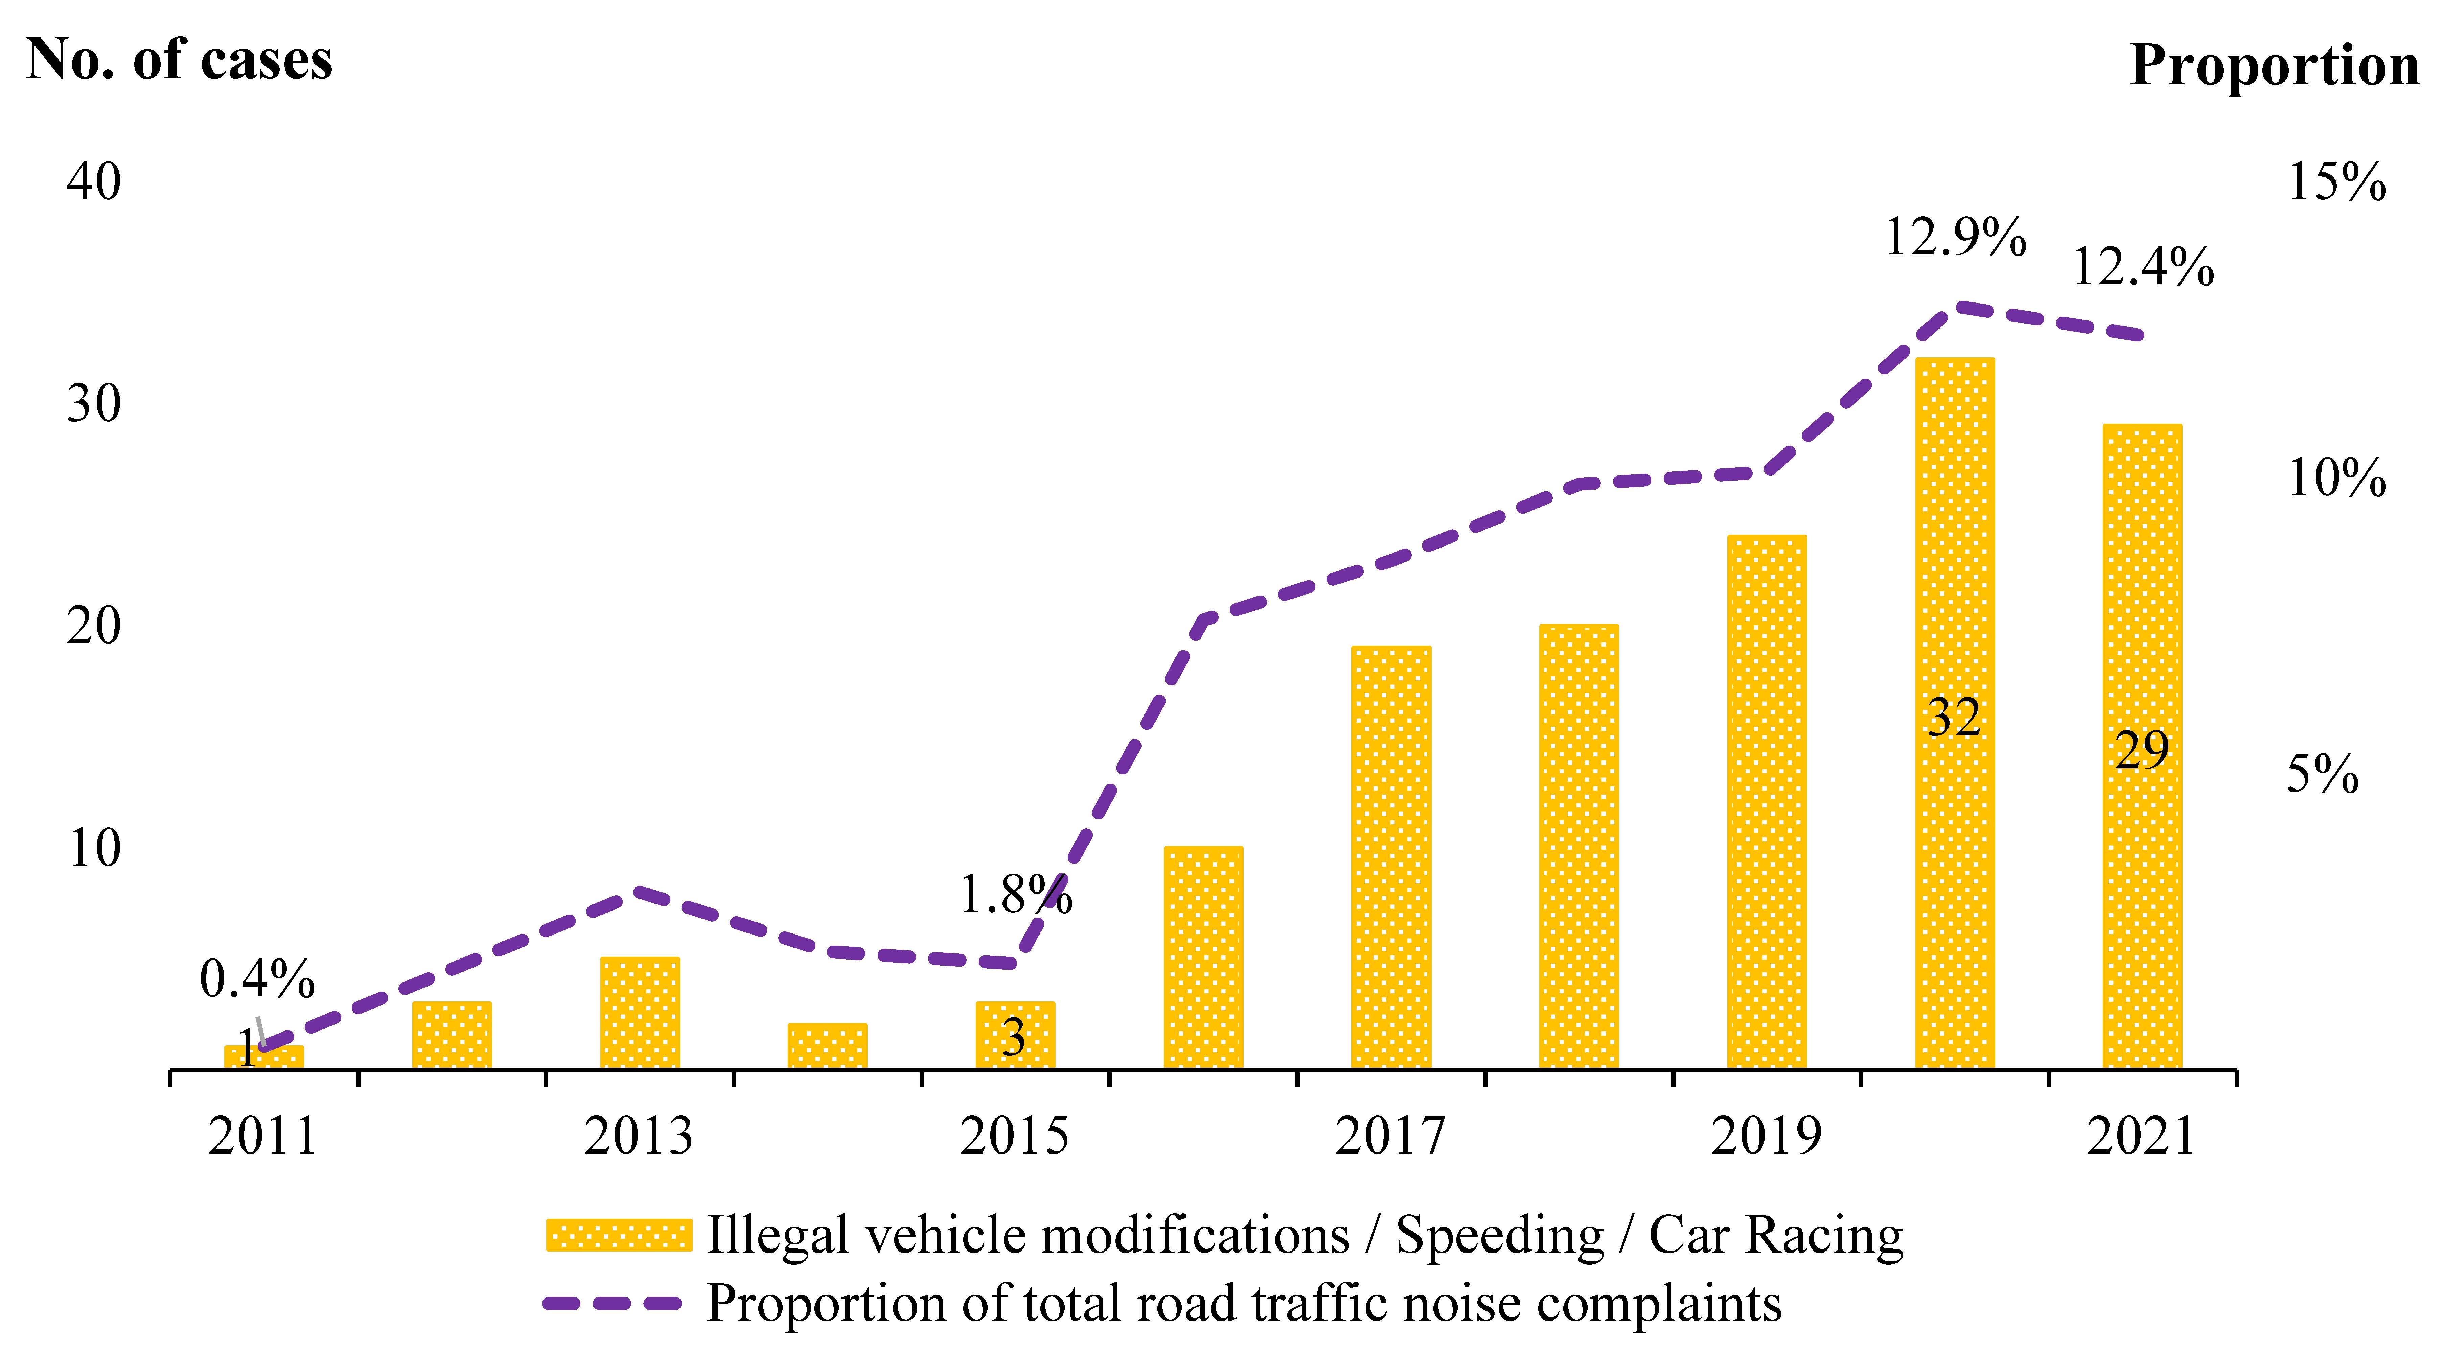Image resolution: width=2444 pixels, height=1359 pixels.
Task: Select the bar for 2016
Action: pos(1203,958)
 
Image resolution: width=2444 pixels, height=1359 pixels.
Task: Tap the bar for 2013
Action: pos(640,1013)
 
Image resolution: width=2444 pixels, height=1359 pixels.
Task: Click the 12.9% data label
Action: pos(1955,237)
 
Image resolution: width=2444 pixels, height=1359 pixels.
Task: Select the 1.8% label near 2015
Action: pos(1015,894)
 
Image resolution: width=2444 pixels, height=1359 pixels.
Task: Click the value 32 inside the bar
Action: pos(1955,718)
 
